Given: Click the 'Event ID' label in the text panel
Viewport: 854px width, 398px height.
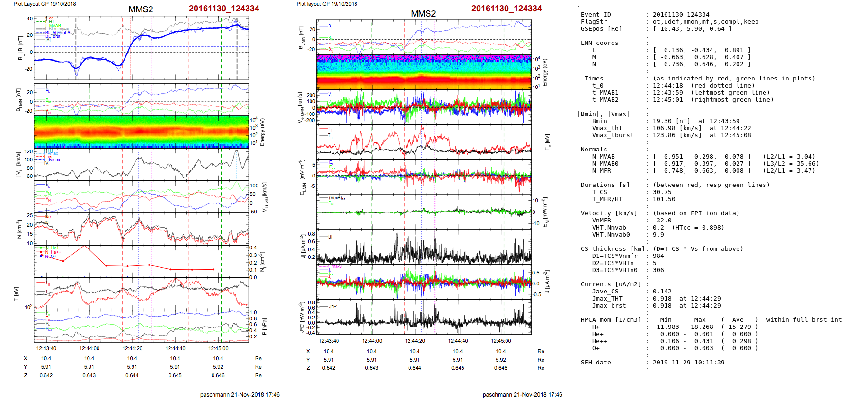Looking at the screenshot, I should [596, 15].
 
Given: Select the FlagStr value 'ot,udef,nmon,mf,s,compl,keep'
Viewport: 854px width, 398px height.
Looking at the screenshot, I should [705, 22].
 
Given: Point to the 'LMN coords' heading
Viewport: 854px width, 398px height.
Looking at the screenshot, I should [599, 43].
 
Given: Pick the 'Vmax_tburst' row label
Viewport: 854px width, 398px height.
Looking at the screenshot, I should [613, 135].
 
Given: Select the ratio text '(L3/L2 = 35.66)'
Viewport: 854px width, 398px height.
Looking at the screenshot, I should [791, 164].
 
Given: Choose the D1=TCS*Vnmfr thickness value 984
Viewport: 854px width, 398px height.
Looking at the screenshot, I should [658, 256].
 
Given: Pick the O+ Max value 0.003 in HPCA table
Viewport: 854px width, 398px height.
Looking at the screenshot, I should [700, 348].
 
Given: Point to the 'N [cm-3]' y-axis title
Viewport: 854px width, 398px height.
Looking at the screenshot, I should [19, 230].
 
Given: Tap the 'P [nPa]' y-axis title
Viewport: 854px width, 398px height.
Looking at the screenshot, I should [264, 327].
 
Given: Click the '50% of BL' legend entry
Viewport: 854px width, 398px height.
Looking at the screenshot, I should [62, 33].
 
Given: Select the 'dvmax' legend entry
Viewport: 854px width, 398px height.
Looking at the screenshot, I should [54, 160].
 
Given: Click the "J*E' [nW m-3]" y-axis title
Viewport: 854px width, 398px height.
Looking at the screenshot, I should [301, 318].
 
